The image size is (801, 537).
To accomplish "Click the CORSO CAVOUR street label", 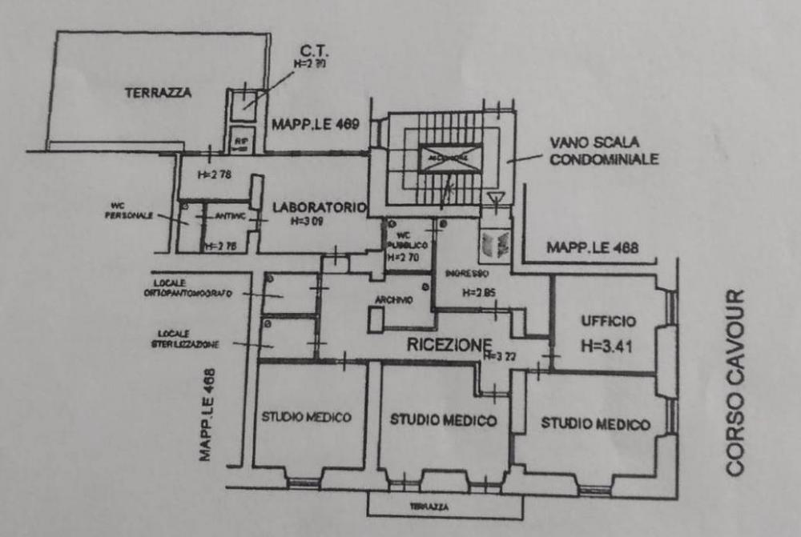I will coord(738,382).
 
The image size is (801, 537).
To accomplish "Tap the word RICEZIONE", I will coord(448,345).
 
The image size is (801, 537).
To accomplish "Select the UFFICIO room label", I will coord(609,322).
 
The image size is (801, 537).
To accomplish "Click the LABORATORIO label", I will coord(319,208).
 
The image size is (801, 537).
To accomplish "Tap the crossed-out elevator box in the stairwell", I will coord(451,158).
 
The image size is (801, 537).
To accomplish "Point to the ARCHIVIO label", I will coord(392,300).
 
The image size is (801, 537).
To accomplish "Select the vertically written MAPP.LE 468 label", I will coord(207,414).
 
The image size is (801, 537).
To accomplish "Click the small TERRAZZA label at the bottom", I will coord(429,507).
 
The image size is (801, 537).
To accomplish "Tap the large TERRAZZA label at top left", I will coord(158,93).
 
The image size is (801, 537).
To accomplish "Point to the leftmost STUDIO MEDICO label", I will coord(307,417).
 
